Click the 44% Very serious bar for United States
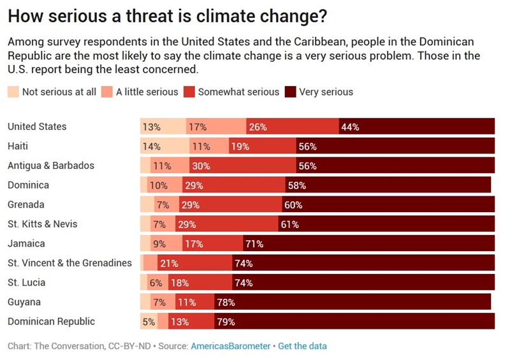pos(416,127)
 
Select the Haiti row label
pos(18,146)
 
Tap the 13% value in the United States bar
pos(152,127)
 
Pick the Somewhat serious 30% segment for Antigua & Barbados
pos(242,166)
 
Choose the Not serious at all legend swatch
pos(13,92)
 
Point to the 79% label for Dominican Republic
pos(226,322)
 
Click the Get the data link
pos(302,346)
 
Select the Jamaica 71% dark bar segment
pos(368,243)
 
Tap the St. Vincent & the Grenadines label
pos(69,263)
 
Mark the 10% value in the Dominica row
pos(159,185)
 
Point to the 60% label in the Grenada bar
pos(293,205)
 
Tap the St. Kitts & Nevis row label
pos(43,224)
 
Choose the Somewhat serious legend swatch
pos(189,92)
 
